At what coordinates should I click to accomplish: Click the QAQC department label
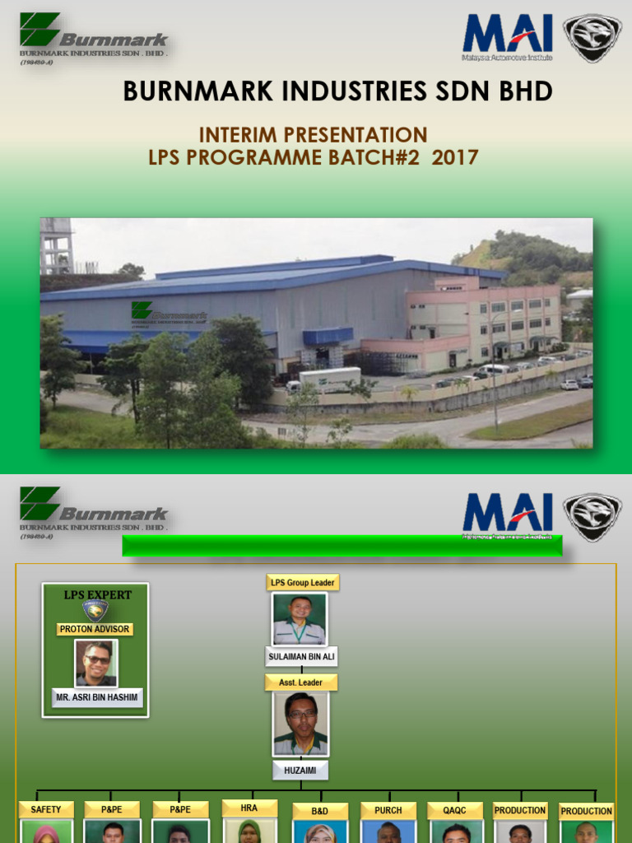pyautogui.click(x=455, y=810)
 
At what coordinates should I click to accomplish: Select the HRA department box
pyautogui.click(x=249, y=808)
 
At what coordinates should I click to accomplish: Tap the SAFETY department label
pyautogui.click(x=46, y=810)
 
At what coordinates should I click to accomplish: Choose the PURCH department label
pyautogui.click(x=388, y=810)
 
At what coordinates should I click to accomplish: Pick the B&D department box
pyautogui.click(x=319, y=811)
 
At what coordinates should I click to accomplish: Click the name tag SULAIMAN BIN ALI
pyautogui.click(x=301, y=656)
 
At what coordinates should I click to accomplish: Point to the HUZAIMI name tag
pyautogui.click(x=300, y=770)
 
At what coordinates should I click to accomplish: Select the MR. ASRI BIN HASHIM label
pyautogui.click(x=97, y=698)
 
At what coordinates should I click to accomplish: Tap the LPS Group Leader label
pyautogui.click(x=302, y=582)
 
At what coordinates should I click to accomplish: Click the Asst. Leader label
pyautogui.click(x=300, y=682)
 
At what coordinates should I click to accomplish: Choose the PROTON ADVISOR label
pyautogui.click(x=96, y=629)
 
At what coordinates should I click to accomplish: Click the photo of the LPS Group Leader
pyautogui.click(x=300, y=619)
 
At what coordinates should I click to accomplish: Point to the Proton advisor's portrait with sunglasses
pyautogui.click(x=96, y=663)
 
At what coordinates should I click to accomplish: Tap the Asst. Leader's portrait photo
pyautogui.click(x=300, y=724)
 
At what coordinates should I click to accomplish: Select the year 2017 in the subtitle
pyautogui.click(x=455, y=157)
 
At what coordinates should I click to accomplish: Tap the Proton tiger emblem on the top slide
pyautogui.click(x=592, y=38)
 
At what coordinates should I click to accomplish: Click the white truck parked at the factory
pyautogui.click(x=328, y=380)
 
